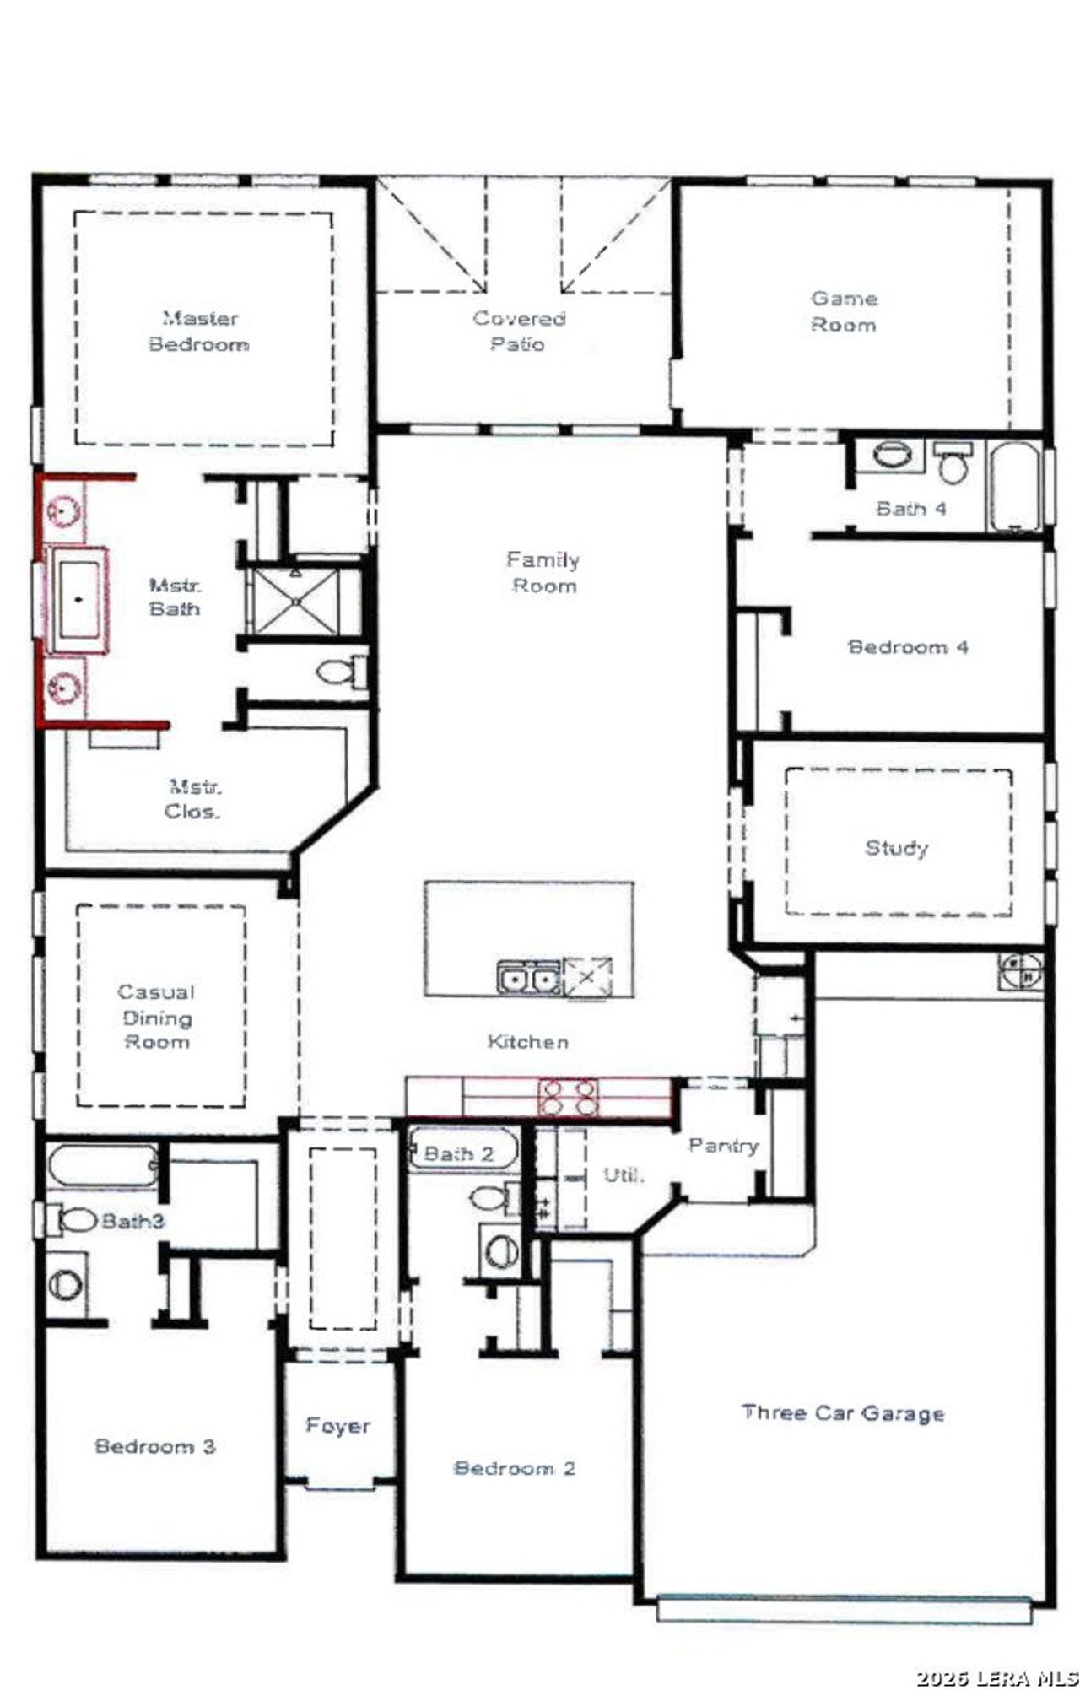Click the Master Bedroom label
coord(199,331)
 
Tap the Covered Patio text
coord(518,331)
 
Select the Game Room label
coord(844,311)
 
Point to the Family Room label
coord(543,572)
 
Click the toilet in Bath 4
coord(953,465)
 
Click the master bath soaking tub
coord(78,600)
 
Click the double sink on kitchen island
coord(528,979)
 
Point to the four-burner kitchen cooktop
coord(570,1096)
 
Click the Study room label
coord(896,847)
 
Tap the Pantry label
coord(723,1145)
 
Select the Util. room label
coord(624,1174)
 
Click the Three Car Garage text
coord(843,1412)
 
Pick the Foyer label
coord(337,1425)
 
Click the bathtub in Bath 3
coord(102,1165)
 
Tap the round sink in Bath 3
coord(65,1284)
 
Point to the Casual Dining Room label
coord(157,1017)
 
